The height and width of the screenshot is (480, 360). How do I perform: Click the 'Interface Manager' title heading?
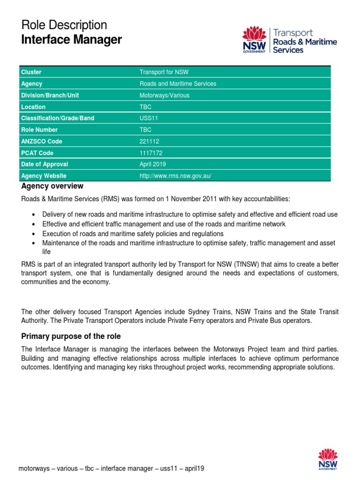[71, 40]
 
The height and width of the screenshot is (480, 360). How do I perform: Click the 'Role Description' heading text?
[64, 25]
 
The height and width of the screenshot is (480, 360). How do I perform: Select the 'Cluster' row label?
[31, 72]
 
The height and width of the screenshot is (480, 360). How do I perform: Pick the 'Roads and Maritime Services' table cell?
[178, 84]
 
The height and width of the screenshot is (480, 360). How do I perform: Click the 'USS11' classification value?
[149, 118]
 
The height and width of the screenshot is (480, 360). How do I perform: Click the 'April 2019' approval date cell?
[152, 165]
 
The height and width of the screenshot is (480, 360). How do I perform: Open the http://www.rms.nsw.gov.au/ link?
[176, 176]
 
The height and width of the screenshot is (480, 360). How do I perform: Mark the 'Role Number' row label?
[39, 130]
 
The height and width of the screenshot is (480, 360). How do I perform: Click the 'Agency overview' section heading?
[52, 186]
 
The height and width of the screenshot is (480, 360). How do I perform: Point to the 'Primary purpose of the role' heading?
[71, 336]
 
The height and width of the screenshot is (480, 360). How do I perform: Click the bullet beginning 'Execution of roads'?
[133, 233]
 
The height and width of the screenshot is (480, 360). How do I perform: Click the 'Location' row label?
[33, 107]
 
